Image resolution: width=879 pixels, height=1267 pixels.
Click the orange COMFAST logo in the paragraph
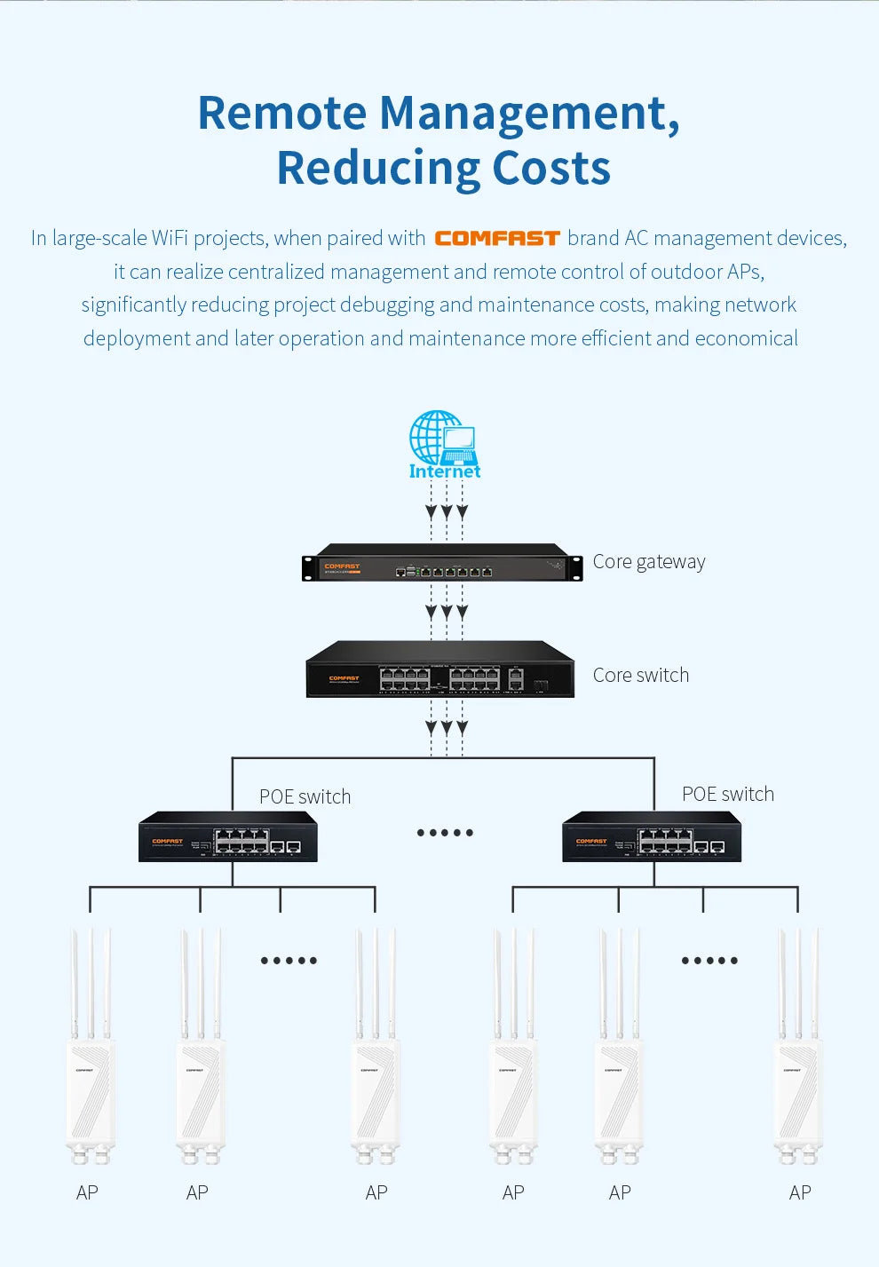(496, 238)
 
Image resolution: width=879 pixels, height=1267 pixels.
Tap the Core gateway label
(648, 562)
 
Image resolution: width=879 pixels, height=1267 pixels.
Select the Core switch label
(640, 676)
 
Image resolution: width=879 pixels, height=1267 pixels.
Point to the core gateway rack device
(442, 563)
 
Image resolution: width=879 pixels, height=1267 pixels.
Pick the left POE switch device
(228, 837)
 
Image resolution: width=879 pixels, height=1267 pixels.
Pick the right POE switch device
(652, 837)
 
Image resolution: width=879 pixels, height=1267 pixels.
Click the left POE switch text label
(305, 797)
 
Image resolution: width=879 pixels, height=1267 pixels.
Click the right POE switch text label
(727, 795)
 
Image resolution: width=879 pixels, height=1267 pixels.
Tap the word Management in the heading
(523, 114)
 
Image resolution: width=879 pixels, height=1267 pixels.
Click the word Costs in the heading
(550, 168)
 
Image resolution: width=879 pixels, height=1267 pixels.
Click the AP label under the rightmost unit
(799, 1193)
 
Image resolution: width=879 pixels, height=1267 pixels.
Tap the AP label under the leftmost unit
(87, 1193)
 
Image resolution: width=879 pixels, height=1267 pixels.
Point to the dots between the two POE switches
(445, 833)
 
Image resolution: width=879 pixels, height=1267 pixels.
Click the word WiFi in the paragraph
(170, 239)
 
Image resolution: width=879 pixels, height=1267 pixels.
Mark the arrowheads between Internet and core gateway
(447, 512)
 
